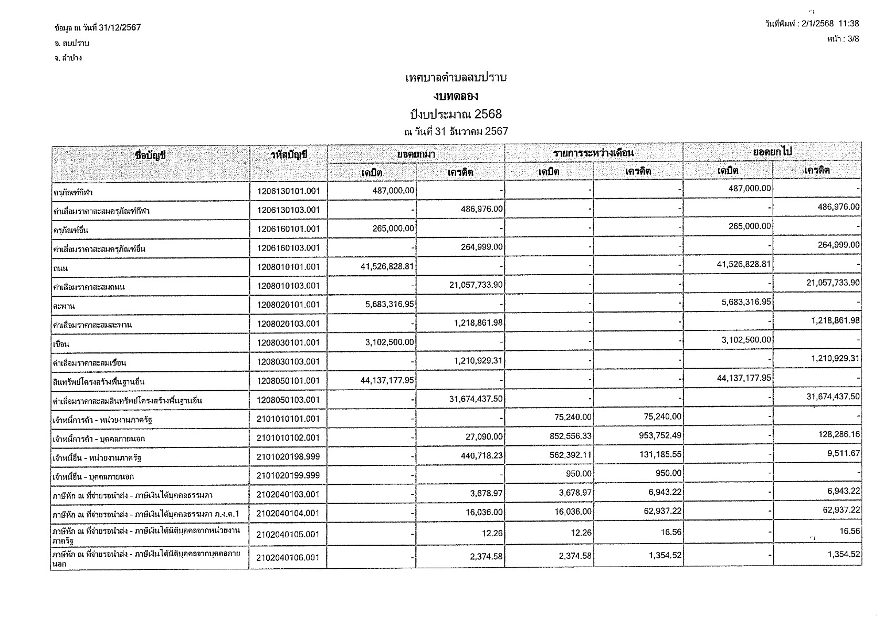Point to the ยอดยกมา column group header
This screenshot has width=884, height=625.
point(416,153)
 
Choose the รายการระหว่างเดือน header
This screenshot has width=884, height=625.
point(593,153)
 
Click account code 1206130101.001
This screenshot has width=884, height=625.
point(288,191)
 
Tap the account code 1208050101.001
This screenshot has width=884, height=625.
point(288,381)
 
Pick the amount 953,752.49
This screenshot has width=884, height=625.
point(658,436)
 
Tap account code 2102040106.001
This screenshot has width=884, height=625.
point(288,558)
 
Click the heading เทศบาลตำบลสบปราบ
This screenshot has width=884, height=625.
point(456,78)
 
